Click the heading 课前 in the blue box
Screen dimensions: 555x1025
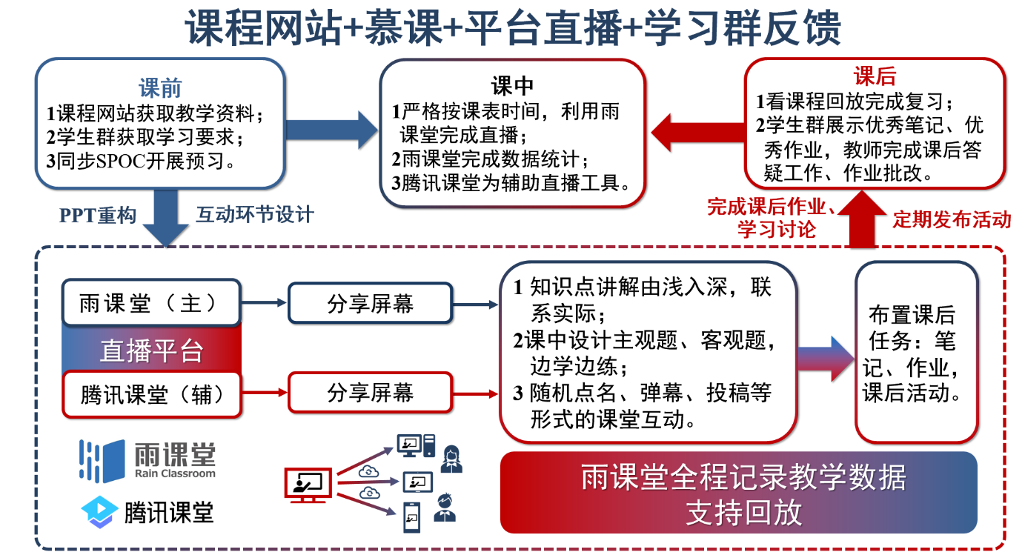click(160, 89)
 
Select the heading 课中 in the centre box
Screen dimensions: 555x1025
click(512, 86)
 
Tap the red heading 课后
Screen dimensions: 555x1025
click(875, 76)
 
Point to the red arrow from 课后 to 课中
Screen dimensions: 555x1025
click(697, 132)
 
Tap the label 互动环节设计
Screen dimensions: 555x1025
click(255, 215)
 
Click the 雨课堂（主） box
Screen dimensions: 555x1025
click(150, 303)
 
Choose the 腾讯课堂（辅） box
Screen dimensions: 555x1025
click(152, 393)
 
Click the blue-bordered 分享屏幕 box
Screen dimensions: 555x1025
click(370, 303)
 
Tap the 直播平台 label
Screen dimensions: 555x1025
click(151, 350)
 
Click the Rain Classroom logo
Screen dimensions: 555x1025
click(147, 460)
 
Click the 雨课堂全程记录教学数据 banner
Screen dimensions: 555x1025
click(739, 493)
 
